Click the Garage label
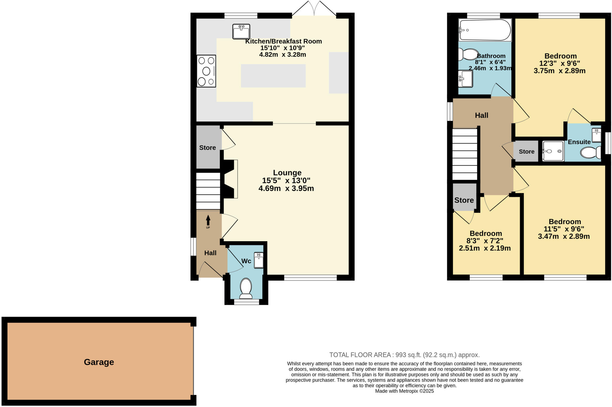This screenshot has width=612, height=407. click(99, 362)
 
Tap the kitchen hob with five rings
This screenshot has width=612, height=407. click(206, 71)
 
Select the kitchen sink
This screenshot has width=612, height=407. click(241, 32)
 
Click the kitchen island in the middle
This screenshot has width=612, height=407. click(273, 76)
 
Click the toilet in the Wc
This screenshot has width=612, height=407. click(246, 288)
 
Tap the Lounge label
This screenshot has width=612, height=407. click(287, 173)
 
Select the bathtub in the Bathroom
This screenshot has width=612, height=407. click(485, 30)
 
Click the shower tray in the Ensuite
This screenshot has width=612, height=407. click(553, 151)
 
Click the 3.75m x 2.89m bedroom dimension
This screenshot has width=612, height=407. click(559, 71)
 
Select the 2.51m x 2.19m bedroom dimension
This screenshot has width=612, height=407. click(485, 248)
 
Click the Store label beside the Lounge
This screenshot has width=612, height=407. click(207, 148)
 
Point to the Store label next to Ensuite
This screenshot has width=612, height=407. click(527, 152)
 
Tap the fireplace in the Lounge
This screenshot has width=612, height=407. click(230, 179)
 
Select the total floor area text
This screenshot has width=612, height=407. click(404, 355)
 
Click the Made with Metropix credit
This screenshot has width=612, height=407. click(404, 391)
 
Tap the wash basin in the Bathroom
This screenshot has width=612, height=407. click(465, 79)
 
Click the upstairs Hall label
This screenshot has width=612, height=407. click(481, 115)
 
